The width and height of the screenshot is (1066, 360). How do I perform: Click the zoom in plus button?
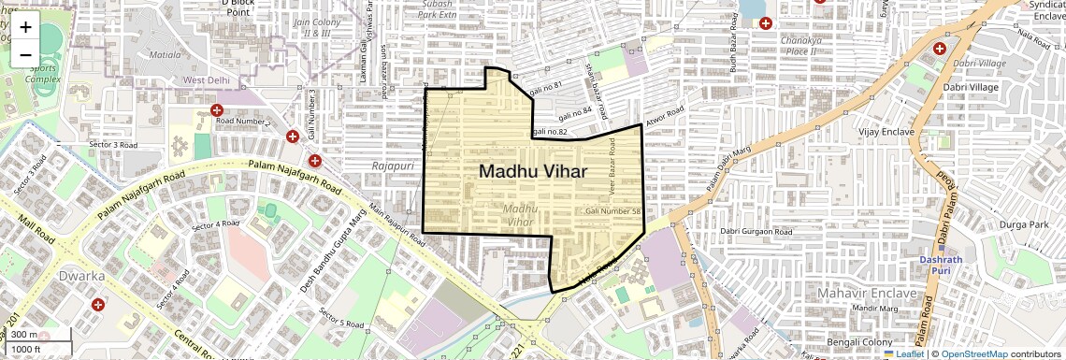(x=25, y=27)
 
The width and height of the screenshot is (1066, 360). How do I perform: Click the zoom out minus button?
(x=25, y=55)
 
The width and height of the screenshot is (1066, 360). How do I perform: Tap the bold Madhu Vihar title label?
(x=533, y=171)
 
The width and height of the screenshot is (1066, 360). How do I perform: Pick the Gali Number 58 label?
(x=612, y=212)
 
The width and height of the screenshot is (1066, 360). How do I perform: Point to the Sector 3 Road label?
(x=112, y=145)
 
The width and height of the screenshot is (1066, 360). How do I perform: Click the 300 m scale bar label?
(x=25, y=335)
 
